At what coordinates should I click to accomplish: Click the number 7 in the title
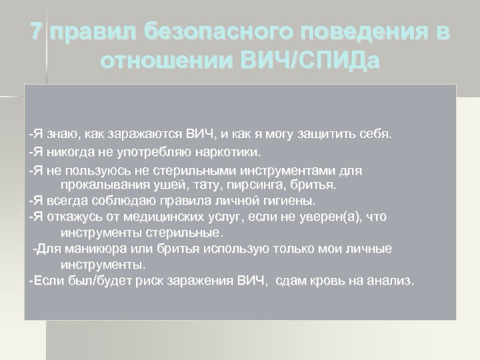(39, 32)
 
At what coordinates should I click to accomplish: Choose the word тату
(198, 184)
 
